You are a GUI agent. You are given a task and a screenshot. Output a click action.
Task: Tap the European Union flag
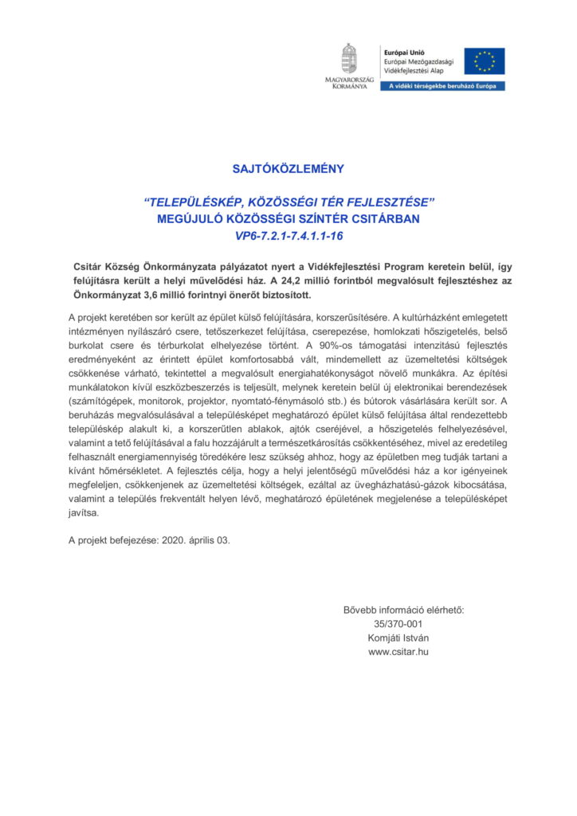pos(485,61)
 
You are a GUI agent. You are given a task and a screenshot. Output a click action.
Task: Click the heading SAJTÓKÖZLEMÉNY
pos(288,169)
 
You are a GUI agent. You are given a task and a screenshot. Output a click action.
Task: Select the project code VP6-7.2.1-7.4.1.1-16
pos(288,236)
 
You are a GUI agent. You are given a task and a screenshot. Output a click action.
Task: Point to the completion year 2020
pos(177,539)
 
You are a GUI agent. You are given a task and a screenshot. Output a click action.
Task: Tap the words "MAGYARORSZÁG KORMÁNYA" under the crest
pos(347,83)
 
